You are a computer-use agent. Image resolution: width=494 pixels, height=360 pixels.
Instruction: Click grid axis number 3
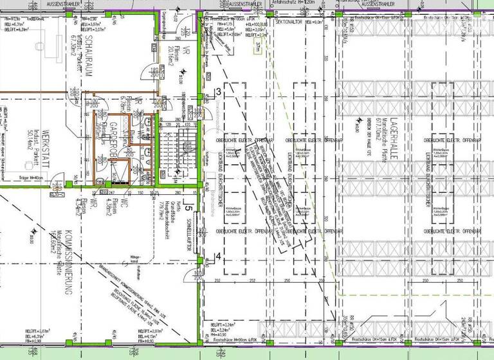[x=219, y=93]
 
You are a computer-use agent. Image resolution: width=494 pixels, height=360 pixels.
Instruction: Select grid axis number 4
[x=219, y=257]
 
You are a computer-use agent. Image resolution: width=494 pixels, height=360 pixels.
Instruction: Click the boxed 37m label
[x=257, y=45]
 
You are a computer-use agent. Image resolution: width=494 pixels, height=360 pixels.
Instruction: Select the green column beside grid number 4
[x=201, y=260]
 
